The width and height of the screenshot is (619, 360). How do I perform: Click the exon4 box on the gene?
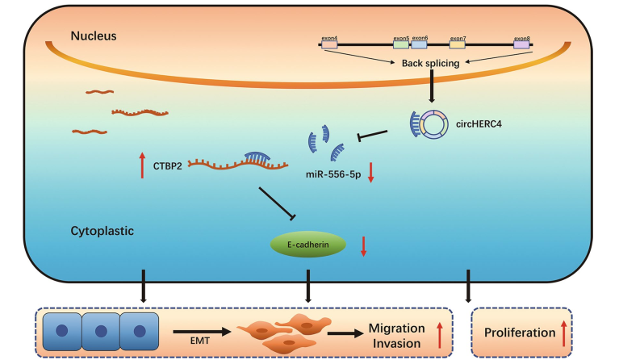tap(329, 44)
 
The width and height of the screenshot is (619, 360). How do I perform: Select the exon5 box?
tap(400, 44)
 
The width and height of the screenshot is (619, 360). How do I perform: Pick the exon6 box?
tap(420, 44)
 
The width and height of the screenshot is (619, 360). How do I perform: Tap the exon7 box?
tap(458, 44)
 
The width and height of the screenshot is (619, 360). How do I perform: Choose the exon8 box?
tap(521, 44)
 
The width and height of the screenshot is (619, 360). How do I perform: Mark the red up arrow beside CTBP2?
tap(142, 165)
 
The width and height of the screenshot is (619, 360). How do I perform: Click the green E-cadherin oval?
tap(309, 245)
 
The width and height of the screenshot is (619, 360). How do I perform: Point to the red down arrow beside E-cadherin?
tap(363, 246)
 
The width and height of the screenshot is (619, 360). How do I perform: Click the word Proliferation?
tap(517, 333)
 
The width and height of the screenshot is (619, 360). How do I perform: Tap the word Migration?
tap(397, 328)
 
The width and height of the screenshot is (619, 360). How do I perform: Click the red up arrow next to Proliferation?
tap(563, 332)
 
